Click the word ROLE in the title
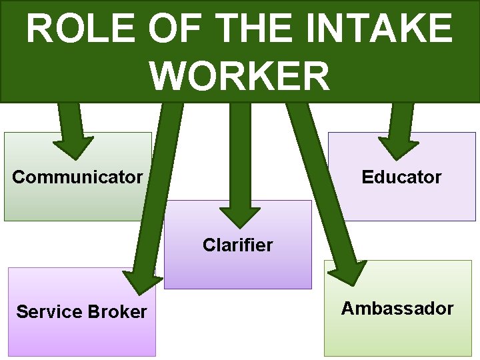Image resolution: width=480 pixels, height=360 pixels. coord(73,29)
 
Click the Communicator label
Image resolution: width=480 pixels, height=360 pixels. coord(77,177)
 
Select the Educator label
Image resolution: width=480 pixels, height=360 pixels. coord(401,177)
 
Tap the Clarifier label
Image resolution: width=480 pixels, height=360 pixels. coord(238,245)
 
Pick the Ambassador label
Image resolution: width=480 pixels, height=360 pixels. coord(397,309)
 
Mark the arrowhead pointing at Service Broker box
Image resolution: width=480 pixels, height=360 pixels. coord(141,281)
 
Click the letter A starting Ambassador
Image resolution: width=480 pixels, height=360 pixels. coord(347,309)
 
